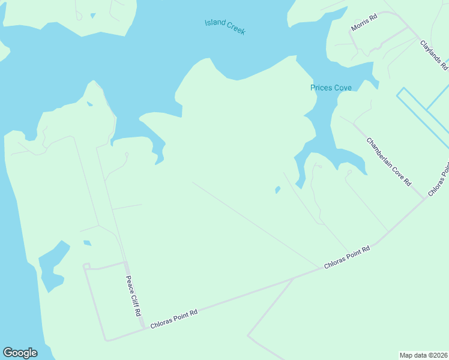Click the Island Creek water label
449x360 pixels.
tap(225, 26)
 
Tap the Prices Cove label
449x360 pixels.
tap(331, 88)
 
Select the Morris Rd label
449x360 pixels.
tap(364, 24)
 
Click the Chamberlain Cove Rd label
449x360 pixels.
tap(389, 161)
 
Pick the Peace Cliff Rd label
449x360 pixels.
tap(134, 296)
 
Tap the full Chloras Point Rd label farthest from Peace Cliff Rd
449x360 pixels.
tap(348, 256)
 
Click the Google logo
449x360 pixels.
tap(20, 352)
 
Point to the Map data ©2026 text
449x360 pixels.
tap(424, 355)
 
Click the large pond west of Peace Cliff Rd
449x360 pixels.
tap(53, 263)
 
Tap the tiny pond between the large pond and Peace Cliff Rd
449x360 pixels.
tap(87, 243)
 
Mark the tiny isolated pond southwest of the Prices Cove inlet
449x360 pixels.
tap(277, 190)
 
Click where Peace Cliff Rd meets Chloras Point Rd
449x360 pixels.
tap(144, 328)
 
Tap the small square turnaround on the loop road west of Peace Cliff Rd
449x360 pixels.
tap(86, 266)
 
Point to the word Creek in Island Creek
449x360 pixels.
tap(235, 29)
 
